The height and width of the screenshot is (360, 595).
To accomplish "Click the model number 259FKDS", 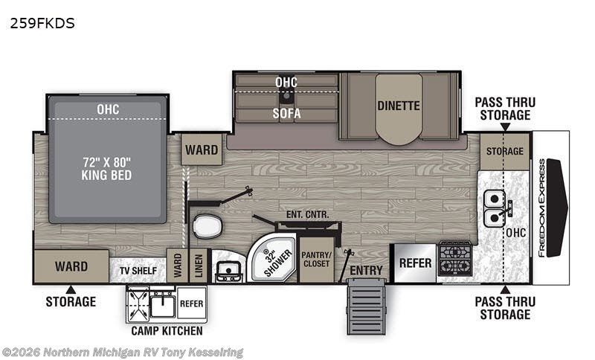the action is pos(42,24).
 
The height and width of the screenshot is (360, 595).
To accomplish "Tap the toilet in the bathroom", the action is pos(208,226).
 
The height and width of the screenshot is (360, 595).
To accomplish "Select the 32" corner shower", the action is pos(271,258).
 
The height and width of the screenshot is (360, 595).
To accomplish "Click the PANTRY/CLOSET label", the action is pos(317,259).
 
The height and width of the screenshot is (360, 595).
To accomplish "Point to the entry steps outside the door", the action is pos(367,306).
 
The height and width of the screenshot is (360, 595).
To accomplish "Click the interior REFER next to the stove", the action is pos(415,263).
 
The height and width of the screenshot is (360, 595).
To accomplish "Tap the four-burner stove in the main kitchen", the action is pos(455,258).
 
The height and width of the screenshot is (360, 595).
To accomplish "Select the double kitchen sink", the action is pos(494,208).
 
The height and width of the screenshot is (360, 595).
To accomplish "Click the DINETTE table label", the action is pos(399,106).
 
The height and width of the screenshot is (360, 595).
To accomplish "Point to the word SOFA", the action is pos(286,113).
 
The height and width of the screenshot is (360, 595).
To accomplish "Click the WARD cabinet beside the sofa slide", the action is pos(202,150).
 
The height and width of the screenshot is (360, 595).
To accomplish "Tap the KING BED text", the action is pos(106,175).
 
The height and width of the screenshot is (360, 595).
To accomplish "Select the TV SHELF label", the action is pos(138,271).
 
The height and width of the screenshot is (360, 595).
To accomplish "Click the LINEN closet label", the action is pos(199,266).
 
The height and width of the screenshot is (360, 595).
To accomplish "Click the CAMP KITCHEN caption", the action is pos(167,331).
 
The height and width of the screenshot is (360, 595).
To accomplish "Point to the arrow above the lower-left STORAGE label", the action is pos(71,290).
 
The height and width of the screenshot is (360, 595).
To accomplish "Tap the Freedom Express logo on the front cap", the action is pos(542,208).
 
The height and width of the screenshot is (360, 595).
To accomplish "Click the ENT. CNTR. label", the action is pos(307,214).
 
